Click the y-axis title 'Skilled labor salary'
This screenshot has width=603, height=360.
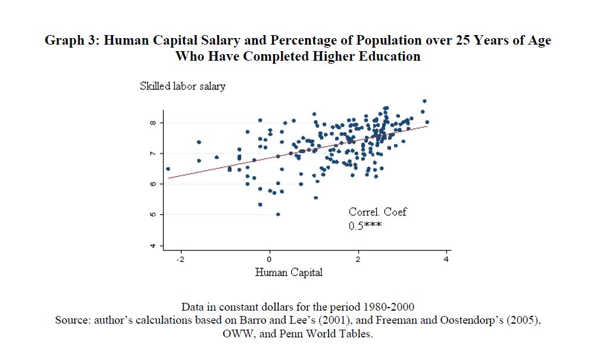pos(182,86)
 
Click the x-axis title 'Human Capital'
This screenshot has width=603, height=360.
pos(289,273)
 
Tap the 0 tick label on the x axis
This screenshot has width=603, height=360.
pos(269,259)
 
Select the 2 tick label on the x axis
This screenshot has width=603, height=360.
pos(358,259)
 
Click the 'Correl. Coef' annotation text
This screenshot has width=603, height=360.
pos(377,212)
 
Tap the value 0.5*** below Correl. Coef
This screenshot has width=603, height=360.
pos(364,226)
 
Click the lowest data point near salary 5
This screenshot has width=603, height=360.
pos(278,214)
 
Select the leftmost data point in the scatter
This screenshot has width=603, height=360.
pos(168,168)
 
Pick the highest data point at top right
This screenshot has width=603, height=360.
pos(424,101)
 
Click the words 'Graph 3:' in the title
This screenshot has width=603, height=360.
pos(70,40)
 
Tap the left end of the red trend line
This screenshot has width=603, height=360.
pos(170,177)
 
